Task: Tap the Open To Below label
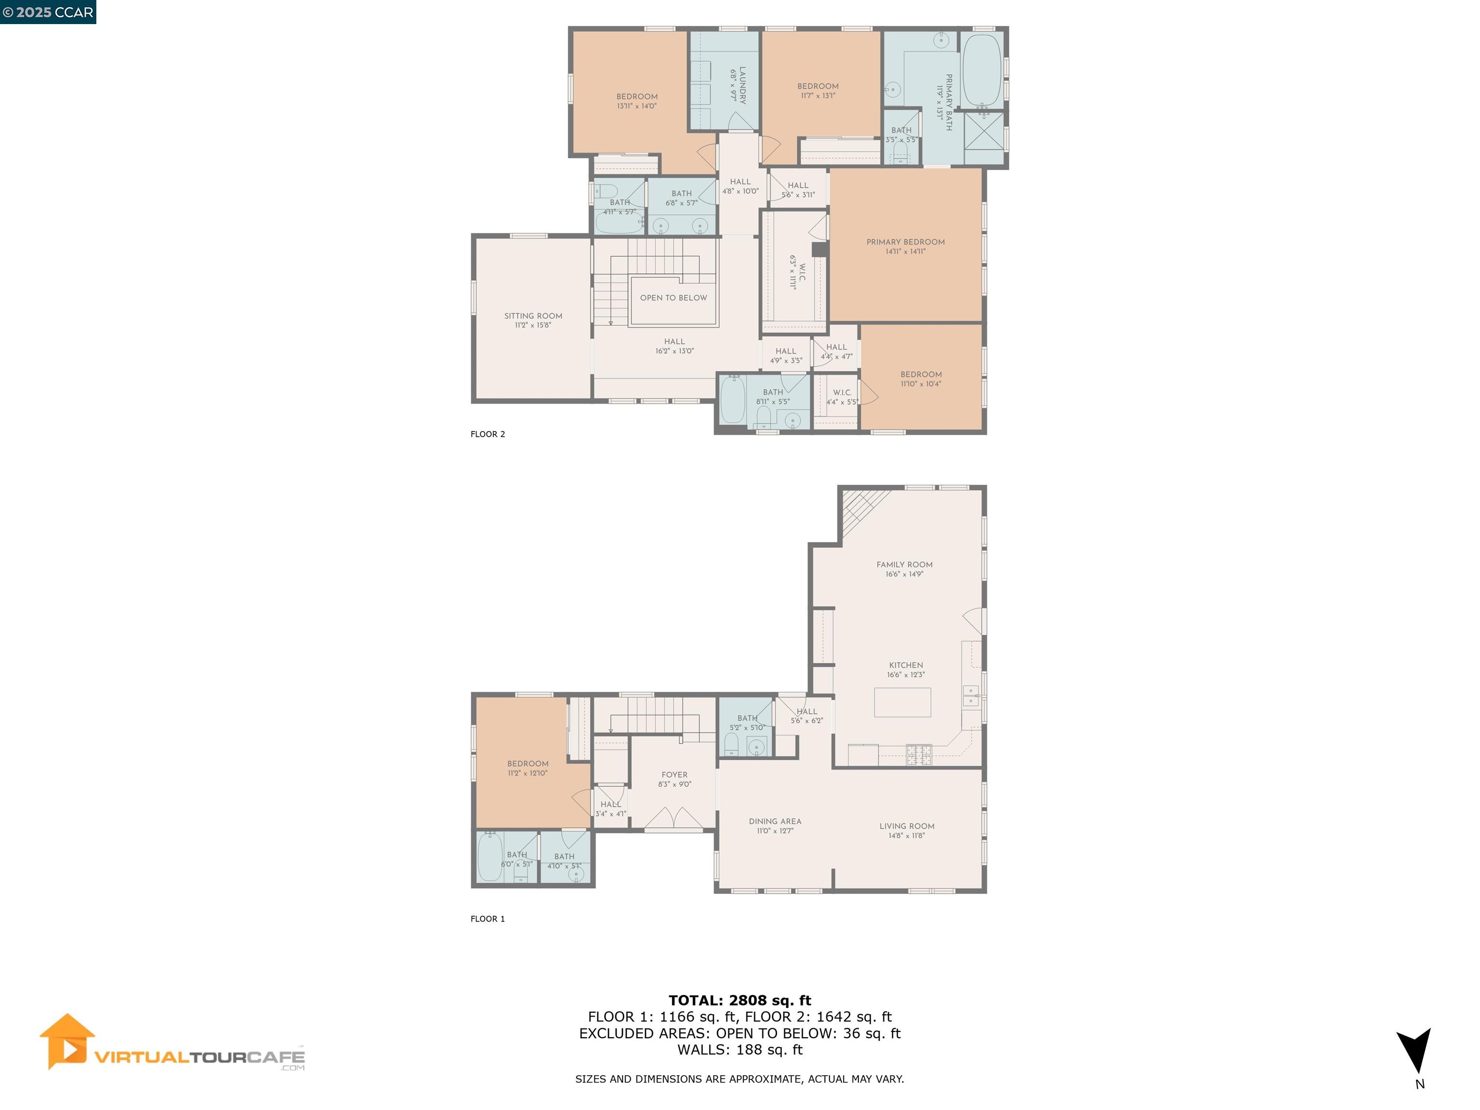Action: click(x=673, y=298)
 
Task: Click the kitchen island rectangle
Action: click(x=902, y=702)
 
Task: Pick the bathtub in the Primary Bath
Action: click(x=981, y=69)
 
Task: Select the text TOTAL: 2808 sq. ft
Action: click(x=740, y=1000)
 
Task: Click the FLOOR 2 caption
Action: click(x=488, y=434)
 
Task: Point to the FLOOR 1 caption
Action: click(x=488, y=919)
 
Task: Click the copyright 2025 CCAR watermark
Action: click(x=48, y=12)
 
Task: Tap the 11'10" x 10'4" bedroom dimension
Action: click(x=921, y=384)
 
